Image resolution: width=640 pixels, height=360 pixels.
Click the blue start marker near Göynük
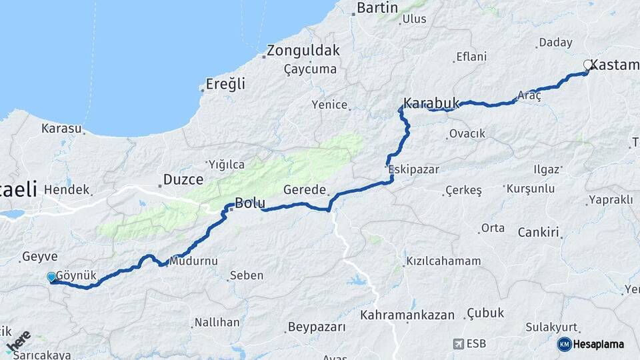51,277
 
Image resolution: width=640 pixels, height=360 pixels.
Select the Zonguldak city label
303,51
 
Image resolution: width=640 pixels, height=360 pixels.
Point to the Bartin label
377,8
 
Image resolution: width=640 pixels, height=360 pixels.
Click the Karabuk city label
432,103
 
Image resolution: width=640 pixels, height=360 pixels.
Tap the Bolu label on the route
250,203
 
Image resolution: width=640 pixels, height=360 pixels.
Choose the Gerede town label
304,189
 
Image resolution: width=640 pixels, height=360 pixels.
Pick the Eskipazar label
414,169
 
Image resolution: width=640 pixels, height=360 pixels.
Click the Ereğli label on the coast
225,85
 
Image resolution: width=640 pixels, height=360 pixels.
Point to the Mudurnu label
193,261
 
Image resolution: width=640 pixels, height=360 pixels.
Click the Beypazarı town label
317,327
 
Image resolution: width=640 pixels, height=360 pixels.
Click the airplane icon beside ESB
458,344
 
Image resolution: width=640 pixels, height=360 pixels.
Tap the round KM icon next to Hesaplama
564,344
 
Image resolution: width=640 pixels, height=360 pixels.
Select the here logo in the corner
18,341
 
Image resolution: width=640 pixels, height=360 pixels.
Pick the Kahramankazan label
407,315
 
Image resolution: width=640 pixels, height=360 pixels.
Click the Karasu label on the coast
61,128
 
